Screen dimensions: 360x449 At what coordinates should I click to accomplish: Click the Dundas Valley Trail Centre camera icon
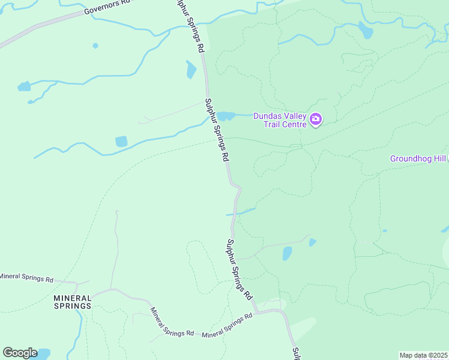point(316,120)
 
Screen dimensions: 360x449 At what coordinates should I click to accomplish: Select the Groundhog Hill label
point(418,159)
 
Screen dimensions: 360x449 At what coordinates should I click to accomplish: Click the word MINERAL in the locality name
point(73,298)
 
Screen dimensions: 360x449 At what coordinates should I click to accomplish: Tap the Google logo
point(20,353)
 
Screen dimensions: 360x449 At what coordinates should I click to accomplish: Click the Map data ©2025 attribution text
point(423,355)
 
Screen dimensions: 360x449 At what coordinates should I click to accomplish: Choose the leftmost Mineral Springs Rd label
point(26,278)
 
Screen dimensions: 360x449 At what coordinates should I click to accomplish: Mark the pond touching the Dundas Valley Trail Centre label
point(226,116)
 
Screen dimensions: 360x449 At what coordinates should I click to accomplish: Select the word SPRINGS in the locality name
point(73,305)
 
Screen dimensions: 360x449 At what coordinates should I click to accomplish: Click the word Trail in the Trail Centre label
point(274,124)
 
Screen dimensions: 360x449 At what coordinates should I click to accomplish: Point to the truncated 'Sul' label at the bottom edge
point(295,353)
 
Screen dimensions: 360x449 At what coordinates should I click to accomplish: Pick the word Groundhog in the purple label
point(408,159)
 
